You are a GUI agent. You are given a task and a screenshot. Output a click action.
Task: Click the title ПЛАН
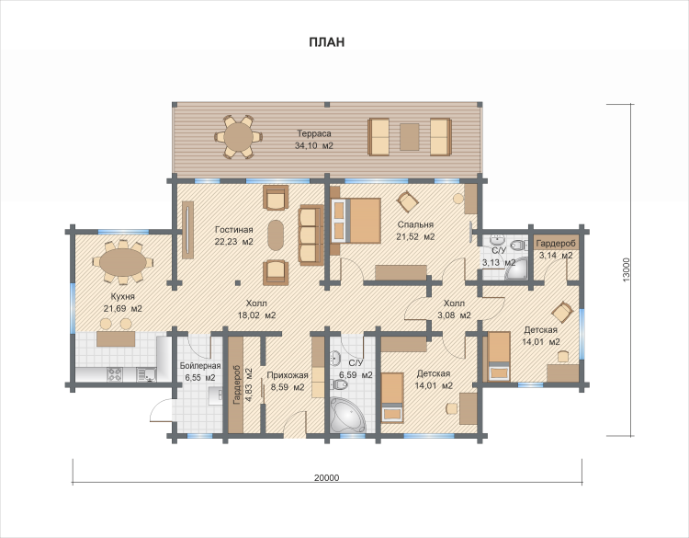pos(326,42)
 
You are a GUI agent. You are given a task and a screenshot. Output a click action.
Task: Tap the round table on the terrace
pos(238,137)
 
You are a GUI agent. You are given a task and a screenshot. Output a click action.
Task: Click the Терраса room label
pos(314,133)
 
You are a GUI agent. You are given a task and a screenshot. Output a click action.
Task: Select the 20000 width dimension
pos(327,477)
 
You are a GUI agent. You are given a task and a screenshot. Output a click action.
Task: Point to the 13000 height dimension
pos(627,269)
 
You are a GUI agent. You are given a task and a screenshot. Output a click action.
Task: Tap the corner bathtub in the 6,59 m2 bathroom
pos(347,415)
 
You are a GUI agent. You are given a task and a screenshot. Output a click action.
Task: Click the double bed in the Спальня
pos(356,221)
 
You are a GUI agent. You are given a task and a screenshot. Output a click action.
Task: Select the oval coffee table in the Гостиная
pos(276,235)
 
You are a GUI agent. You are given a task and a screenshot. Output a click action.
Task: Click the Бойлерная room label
pos(200,366)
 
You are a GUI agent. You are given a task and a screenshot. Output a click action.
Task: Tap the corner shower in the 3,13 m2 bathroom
pos(516,269)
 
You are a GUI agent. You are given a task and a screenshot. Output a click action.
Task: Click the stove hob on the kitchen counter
pos(115,374)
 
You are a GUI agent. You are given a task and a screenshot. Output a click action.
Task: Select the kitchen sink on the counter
pos(145,374)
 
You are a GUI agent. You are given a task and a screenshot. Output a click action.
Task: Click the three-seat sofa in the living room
pos(311,235)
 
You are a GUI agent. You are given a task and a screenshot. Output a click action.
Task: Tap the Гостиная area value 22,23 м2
pos(233,242)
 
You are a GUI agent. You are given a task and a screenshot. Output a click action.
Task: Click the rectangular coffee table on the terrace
pos(409,137)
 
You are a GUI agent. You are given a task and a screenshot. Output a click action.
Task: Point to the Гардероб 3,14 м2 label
pos(556,249)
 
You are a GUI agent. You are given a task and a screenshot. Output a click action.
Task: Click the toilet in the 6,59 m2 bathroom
pos(340,385)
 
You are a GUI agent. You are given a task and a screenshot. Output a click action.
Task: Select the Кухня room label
pos(122,296)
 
